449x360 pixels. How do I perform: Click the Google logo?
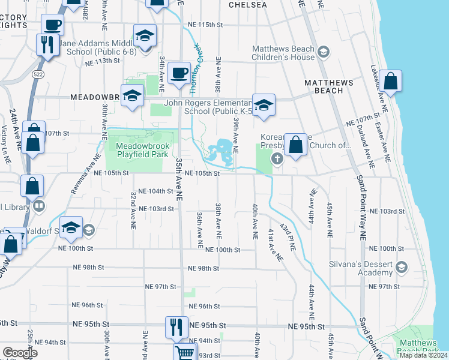(20, 353)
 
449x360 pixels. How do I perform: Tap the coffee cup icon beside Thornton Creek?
(179, 73)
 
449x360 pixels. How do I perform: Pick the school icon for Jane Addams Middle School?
(145, 36)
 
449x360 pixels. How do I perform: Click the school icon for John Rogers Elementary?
(263, 106)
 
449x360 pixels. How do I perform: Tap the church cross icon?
(277, 159)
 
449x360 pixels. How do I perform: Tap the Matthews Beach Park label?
(419, 346)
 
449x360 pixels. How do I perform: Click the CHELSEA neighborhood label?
(247, 5)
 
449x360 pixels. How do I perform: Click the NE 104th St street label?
(155, 191)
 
